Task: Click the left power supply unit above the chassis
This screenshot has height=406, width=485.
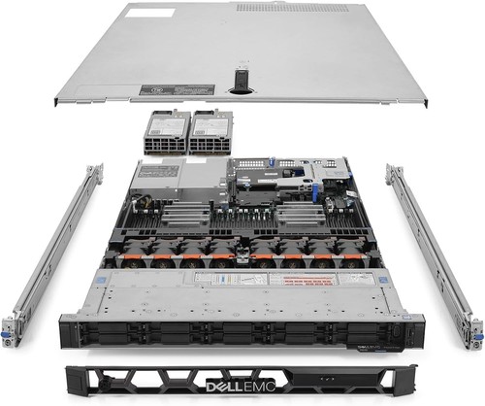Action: click(164, 132)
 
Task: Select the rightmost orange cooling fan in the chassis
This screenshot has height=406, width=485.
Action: click(347, 260)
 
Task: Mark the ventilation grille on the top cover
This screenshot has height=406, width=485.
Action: click(291, 9)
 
